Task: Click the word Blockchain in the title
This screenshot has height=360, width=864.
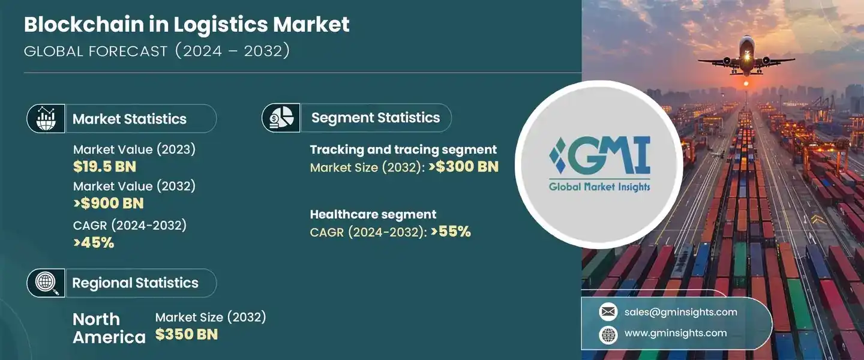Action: click(84, 25)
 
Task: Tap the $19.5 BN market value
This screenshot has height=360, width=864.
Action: click(104, 167)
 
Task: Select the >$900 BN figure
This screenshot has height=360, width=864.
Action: click(109, 203)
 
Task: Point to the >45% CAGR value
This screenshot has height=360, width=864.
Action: click(94, 243)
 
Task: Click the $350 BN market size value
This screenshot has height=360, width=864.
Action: click(187, 335)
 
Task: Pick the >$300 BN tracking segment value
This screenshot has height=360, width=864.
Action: click(464, 167)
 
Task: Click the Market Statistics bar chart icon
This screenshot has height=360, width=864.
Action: click(46, 118)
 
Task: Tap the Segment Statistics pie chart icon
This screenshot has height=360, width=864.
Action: click(281, 118)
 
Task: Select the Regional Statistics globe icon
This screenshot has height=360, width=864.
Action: click(46, 283)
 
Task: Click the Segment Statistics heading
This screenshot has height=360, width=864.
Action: click(376, 118)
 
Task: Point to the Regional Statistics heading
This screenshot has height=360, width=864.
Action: click(136, 283)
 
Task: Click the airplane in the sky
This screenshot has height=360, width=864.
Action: click(747, 58)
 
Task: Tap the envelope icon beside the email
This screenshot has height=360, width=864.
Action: click(608, 312)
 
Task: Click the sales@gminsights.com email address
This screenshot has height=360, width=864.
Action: click(681, 312)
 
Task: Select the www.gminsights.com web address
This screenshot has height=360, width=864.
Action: click(676, 333)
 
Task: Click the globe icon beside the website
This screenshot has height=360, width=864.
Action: click(608, 335)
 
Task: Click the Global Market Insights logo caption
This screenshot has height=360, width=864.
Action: click(599, 187)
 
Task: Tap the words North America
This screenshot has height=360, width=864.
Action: click(109, 328)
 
